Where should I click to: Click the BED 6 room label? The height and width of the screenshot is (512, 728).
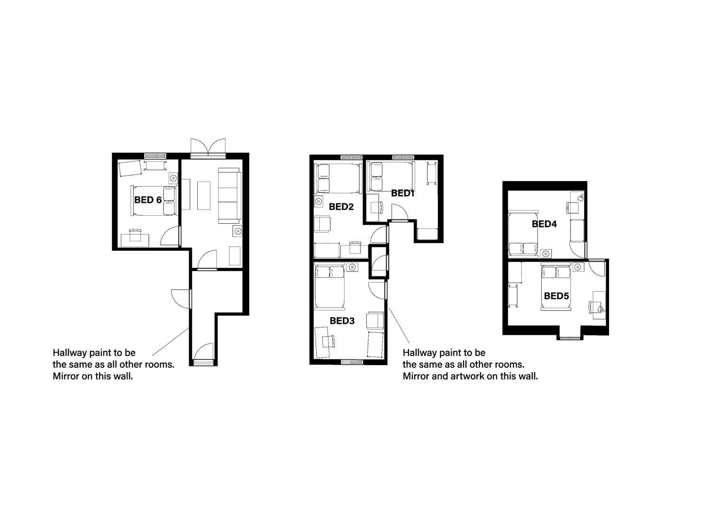pos(148,200)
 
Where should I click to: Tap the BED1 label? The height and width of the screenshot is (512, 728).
pos(403,193)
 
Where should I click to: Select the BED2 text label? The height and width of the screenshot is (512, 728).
pos(341,207)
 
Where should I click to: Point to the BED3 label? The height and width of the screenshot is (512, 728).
pos(342,321)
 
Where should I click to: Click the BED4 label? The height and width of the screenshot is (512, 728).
pos(544,224)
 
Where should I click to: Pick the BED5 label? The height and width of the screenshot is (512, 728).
pos(556,296)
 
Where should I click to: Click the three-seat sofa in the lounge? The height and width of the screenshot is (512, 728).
pos(229,195)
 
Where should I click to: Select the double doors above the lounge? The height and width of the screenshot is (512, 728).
pos(208,147)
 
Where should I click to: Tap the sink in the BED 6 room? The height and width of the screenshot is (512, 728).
pos(173,178)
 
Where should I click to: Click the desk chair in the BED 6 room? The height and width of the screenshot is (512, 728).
pos(135,235)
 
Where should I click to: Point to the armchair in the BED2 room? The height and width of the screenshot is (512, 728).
pos(322,224)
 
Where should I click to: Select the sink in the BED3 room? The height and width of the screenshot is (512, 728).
pos(352,267)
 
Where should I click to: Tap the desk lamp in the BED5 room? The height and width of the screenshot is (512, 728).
pos(601,309)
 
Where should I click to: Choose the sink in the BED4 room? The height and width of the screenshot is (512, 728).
pos(547,253)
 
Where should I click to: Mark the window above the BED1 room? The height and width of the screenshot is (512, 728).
pos(403,157)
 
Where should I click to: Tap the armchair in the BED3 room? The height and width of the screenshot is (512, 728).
pos(375,320)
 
